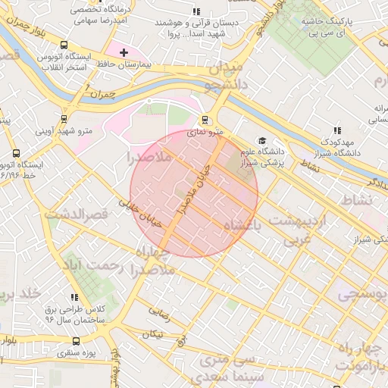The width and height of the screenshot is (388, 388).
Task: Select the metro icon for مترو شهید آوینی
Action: coord(64,118)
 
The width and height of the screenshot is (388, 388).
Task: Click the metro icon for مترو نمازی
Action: coord(205,119)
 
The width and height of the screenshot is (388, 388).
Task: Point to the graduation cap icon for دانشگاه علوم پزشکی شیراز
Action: coord(262,140)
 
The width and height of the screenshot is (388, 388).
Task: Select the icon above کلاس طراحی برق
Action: coord(74,298)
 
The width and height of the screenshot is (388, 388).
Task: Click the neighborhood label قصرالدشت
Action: coord(77,215)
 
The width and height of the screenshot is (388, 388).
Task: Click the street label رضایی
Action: coord(159,310)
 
